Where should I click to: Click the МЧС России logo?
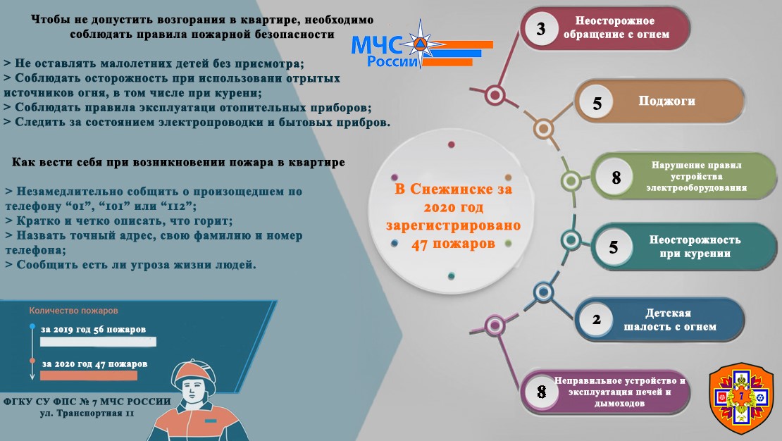pyautogui.click(x=421, y=46)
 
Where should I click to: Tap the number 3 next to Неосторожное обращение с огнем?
pyautogui.click(x=541, y=28)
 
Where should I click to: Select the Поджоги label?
pyautogui.click(x=666, y=101)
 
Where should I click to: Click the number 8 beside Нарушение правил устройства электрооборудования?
pyautogui.click(x=616, y=177)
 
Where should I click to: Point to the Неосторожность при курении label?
pyautogui.click(x=695, y=247)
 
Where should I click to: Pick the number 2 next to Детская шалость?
pyautogui.click(x=597, y=319)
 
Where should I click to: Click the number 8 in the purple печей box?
pyautogui.click(x=542, y=392)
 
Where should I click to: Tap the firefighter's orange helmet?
pyautogui.click(x=194, y=374)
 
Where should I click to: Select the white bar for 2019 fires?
pyautogui.click(x=98, y=342)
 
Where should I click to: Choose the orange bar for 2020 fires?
pyautogui.click(x=89, y=375)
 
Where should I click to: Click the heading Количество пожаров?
pyautogui.click(x=73, y=310)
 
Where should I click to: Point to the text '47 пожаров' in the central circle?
pyautogui.click(x=453, y=244)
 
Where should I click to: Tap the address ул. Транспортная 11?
pyautogui.click(x=87, y=413)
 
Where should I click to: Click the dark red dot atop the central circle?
pyautogui.click(x=452, y=144)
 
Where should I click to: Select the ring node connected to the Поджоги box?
pyautogui.click(x=544, y=129)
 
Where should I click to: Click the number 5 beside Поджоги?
pyautogui.click(x=597, y=104)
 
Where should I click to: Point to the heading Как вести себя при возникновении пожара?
pyautogui.click(x=178, y=162)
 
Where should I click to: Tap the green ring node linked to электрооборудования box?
pyautogui.click(x=571, y=180)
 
